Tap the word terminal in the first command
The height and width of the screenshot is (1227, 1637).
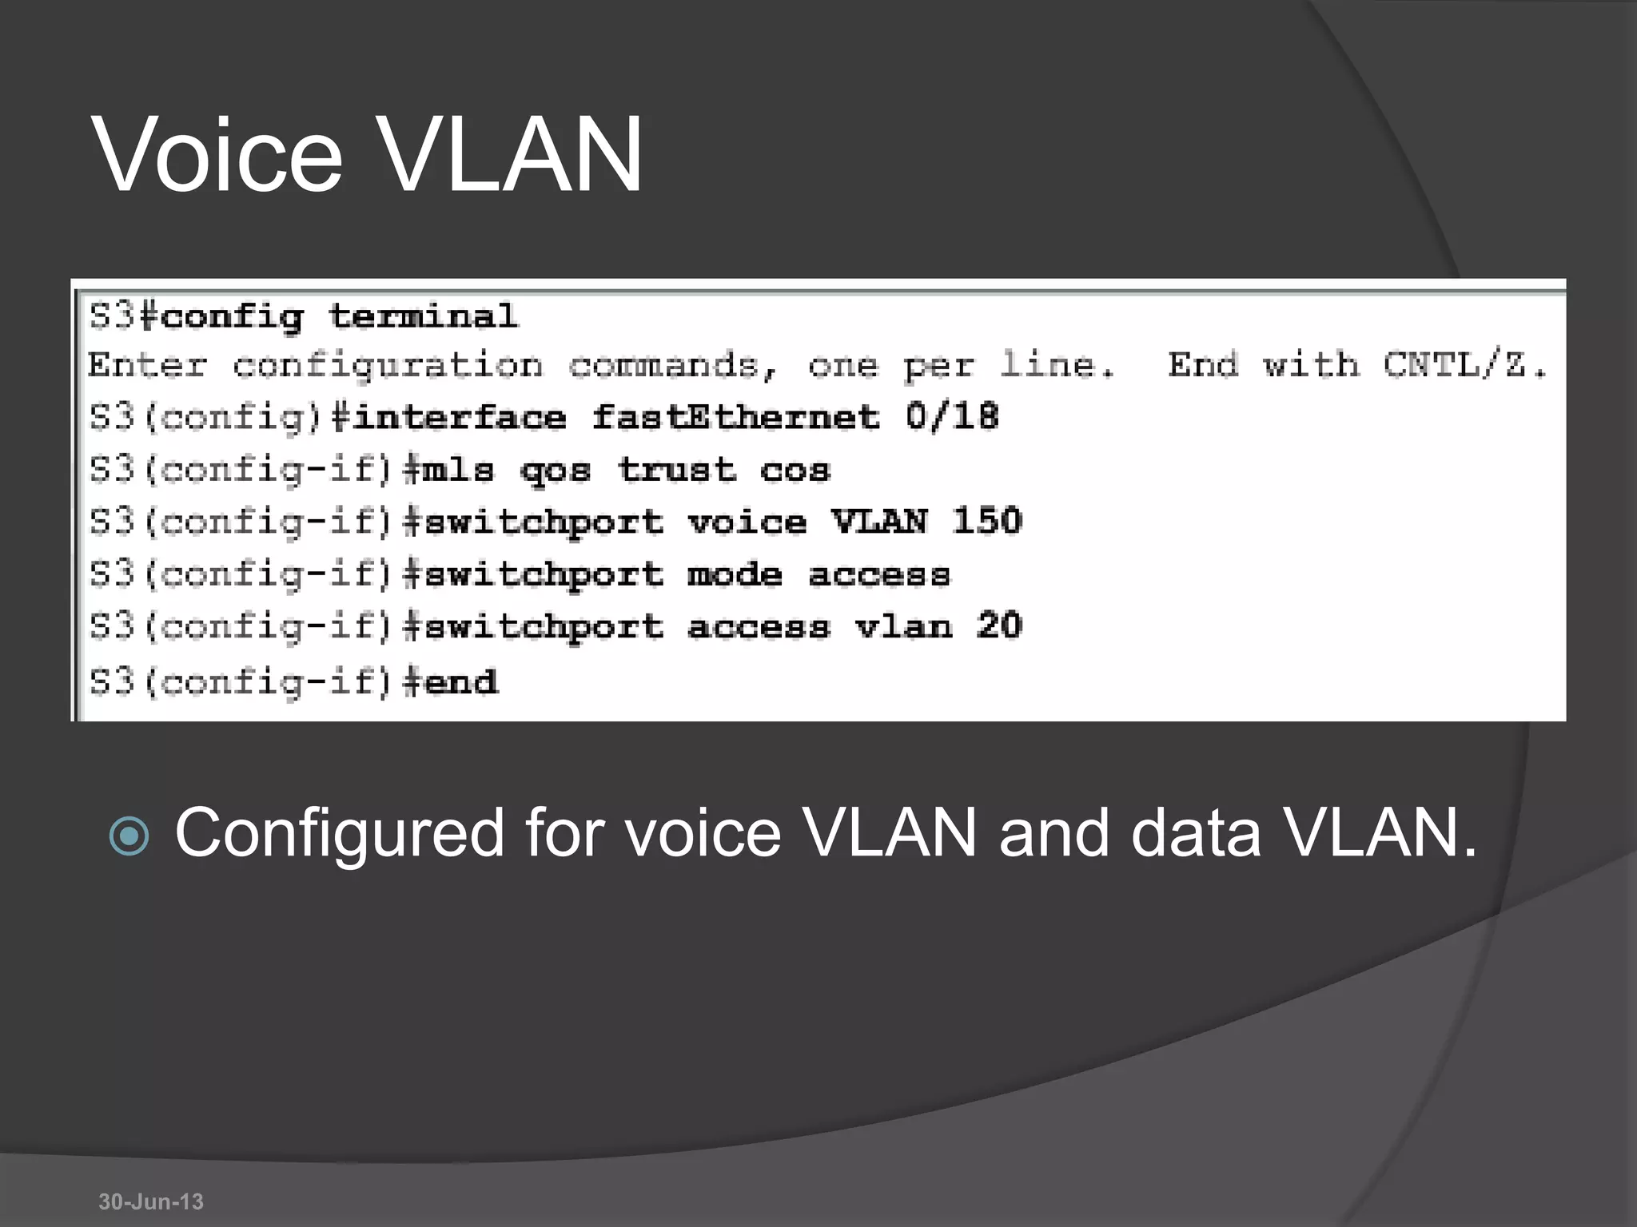click(x=423, y=316)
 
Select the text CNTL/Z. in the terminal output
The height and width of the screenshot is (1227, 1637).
click(x=1465, y=365)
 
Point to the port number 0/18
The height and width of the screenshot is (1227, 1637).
click(x=952, y=417)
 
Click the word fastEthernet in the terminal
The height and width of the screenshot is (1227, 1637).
click(x=735, y=417)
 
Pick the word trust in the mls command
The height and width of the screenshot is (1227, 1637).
click(x=676, y=470)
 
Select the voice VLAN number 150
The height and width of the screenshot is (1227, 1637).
click(x=987, y=522)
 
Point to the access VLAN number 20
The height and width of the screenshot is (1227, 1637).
click(x=999, y=625)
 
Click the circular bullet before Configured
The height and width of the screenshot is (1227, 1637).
click(x=129, y=836)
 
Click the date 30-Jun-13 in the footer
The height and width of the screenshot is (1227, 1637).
click(x=151, y=1201)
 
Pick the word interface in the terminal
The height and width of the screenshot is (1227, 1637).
click(x=459, y=417)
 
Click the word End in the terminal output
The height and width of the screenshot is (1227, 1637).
click(x=1203, y=365)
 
